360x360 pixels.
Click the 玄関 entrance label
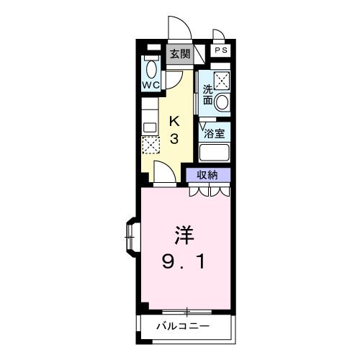(x=179, y=54)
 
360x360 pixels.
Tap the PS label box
(x=222, y=50)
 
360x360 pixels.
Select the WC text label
(x=150, y=86)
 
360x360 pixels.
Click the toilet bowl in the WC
(x=150, y=69)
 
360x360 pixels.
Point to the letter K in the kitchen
(x=174, y=120)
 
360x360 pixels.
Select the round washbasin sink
(x=222, y=102)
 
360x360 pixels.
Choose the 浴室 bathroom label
(x=214, y=132)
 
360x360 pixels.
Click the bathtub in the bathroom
(x=214, y=153)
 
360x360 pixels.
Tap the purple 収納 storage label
(x=209, y=175)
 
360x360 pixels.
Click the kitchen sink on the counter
(x=150, y=127)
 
